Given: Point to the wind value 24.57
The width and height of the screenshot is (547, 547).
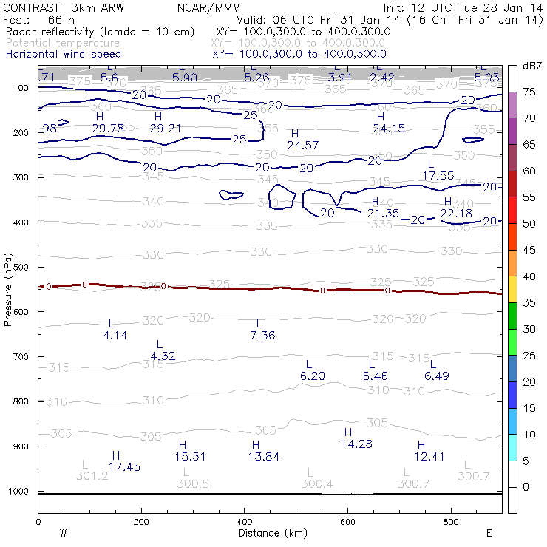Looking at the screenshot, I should [x=302, y=145].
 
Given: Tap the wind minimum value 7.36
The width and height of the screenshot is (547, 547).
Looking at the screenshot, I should [x=262, y=336].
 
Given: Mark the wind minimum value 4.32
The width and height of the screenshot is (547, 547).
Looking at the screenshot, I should [x=163, y=356].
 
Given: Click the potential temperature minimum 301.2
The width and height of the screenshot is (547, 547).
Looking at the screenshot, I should [x=92, y=476].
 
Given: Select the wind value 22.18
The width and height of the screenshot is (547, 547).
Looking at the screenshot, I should [x=455, y=214].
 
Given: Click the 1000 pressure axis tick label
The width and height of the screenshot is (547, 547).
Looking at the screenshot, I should [x=19, y=492].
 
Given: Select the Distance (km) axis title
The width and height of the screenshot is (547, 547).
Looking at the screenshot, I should [x=270, y=533].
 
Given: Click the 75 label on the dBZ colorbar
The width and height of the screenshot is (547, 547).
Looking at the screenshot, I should [x=529, y=92].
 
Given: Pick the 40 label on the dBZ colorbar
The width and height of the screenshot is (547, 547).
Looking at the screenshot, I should [x=529, y=276].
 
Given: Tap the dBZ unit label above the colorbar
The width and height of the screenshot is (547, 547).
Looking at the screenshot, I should [x=531, y=67].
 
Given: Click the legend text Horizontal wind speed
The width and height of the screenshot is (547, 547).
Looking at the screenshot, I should [x=64, y=55].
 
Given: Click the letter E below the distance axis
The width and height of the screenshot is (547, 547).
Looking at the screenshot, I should [x=489, y=533].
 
